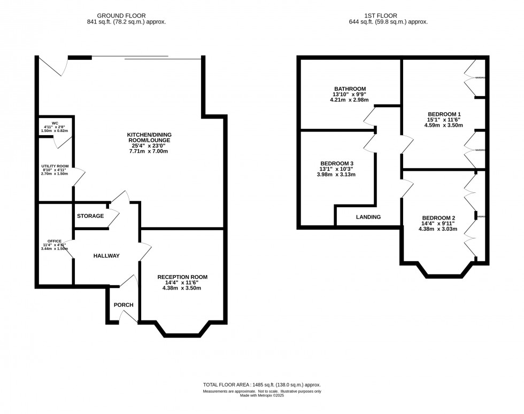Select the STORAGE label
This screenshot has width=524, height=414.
click(x=90, y=216)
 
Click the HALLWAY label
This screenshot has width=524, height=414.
click(x=106, y=256)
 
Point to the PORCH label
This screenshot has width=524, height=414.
click(x=123, y=305)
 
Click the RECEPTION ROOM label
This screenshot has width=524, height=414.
click(x=182, y=277)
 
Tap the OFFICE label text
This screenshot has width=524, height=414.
click(x=54, y=241)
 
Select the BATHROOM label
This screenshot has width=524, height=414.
click(x=350, y=89)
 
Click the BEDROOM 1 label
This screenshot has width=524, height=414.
click(x=444, y=114)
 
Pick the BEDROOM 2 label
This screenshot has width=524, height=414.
click(x=438, y=217)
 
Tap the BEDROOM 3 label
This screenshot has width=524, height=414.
click(x=336, y=163)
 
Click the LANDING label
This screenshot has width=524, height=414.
click(x=368, y=217)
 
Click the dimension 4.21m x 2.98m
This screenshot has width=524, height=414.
click(x=350, y=100)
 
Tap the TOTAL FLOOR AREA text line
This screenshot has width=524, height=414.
click(x=261, y=385)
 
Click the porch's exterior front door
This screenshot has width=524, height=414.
click(x=127, y=317)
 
